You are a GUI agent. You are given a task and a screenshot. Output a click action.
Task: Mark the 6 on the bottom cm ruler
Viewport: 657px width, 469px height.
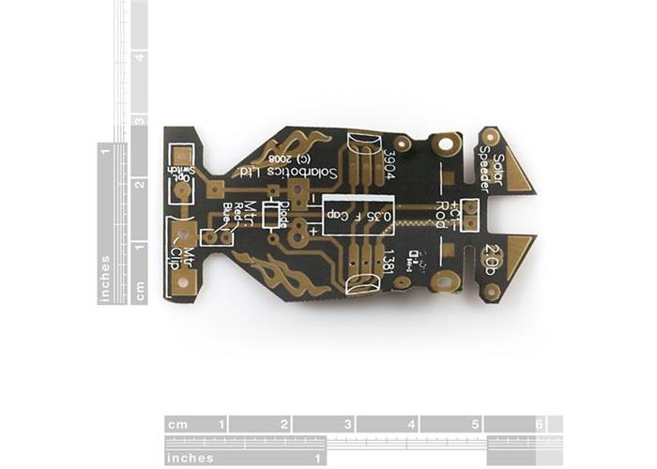point(539,425)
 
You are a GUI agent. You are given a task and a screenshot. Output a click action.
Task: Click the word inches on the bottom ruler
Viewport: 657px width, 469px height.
point(190,458)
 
